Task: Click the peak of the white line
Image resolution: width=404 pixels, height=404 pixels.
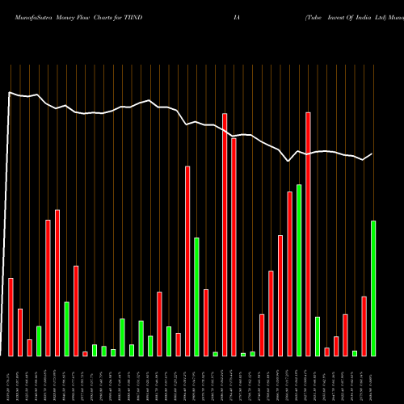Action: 11,93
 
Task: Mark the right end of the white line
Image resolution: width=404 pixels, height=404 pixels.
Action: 372,154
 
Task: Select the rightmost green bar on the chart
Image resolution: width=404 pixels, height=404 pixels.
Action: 372,288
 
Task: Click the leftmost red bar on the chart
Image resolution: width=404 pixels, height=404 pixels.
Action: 11,317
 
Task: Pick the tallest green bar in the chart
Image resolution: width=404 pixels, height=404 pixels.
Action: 298,270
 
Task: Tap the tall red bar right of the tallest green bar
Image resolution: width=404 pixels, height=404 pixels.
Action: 308,234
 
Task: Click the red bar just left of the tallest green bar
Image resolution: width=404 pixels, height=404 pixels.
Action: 289,273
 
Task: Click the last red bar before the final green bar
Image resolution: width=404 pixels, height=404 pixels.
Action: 364,326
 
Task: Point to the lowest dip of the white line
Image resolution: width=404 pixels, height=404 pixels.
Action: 289,162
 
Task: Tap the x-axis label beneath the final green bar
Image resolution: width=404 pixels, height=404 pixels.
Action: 373,380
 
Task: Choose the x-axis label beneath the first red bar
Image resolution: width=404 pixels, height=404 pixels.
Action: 11,380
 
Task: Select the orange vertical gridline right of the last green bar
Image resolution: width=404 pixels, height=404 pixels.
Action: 382,210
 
